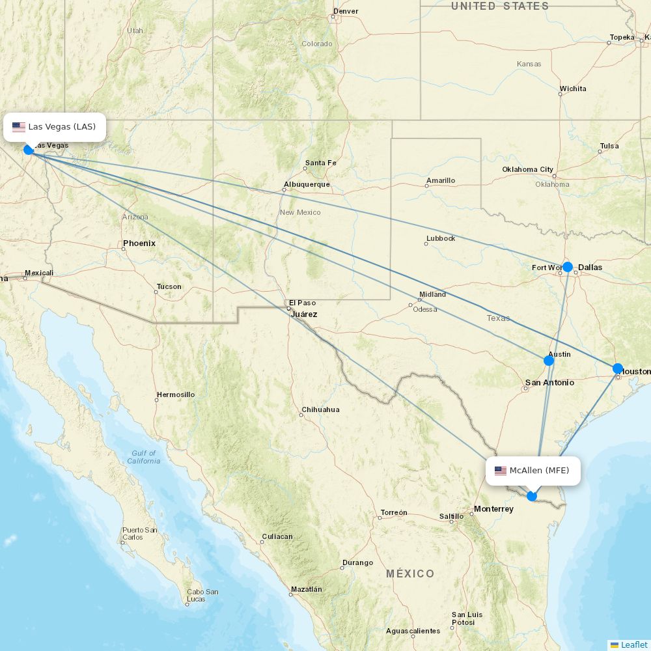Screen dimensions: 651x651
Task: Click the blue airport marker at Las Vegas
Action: point(29,150)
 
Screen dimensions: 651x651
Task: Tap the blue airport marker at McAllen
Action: point(532,496)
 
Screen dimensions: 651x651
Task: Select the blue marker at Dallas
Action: point(568,267)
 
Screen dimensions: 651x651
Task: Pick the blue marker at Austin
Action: point(549,361)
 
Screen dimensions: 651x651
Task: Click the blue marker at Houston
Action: point(618,368)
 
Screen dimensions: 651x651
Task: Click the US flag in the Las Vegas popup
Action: point(19,127)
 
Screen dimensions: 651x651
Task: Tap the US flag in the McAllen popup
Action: point(501,471)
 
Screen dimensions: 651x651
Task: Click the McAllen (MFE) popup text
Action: point(539,471)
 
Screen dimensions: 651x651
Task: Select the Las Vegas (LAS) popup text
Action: point(62,126)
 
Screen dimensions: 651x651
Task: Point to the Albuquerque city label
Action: point(307,185)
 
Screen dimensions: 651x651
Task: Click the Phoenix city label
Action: point(139,243)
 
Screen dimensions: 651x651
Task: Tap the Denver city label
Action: point(346,11)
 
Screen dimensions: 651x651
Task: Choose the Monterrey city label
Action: point(493,509)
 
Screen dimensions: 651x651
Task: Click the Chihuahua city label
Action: point(320,410)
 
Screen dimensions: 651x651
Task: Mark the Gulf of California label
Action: point(143,457)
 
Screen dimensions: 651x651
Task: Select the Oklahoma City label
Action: point(527,170)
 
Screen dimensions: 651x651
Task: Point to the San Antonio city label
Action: point(549,383)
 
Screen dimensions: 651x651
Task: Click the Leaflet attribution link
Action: point(633,644)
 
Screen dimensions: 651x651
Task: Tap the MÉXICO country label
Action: point(410,574)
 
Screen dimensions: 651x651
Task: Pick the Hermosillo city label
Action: point(175,395)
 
